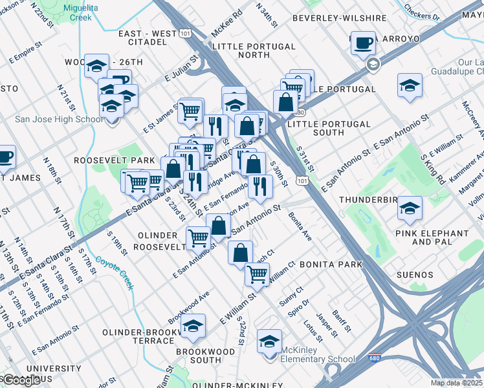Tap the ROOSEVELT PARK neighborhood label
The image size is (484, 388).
tap(114, 160)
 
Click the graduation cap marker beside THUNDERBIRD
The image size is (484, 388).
tap(410, 208)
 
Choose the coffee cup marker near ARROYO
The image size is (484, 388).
tap(364, 42)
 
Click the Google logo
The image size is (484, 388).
tap(21, 380)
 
